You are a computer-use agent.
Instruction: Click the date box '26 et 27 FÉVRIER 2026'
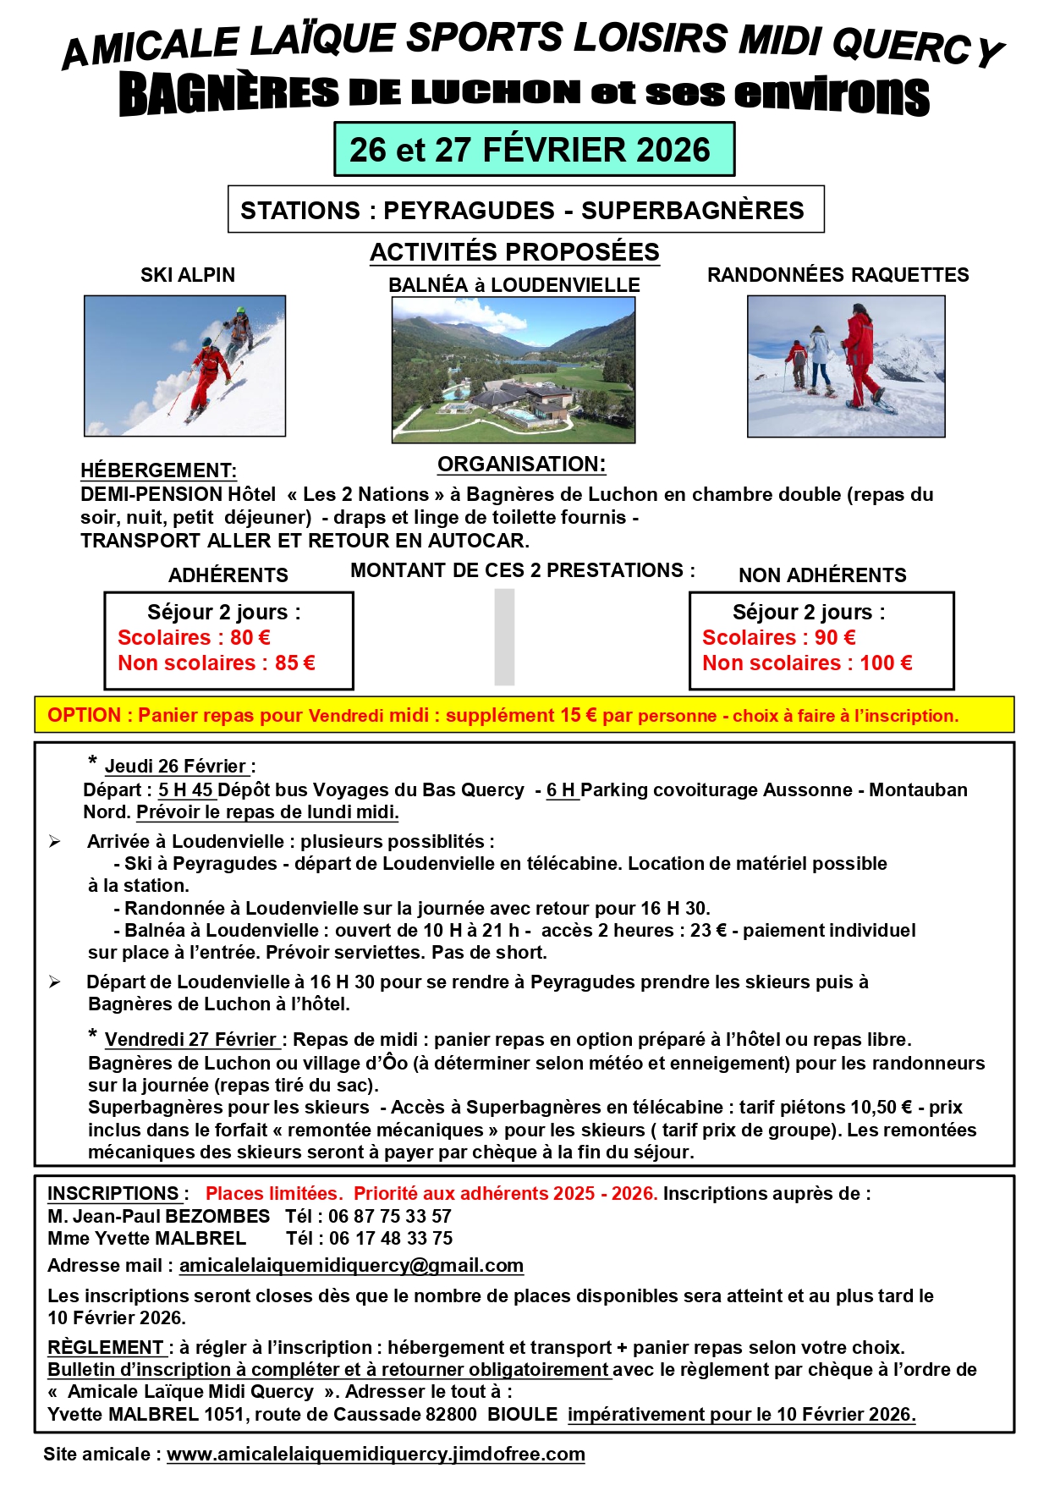coord(534,150)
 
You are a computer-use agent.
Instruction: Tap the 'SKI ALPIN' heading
coord(188,275)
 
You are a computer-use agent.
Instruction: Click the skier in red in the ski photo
coord(206,372)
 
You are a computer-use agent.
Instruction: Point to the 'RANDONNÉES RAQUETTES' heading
coord(838,275)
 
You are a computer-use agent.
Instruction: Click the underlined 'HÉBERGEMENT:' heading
coord(158,470)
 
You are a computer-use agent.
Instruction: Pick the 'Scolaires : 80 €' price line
coord(194,637)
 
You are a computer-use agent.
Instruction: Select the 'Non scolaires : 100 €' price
coord(807,663)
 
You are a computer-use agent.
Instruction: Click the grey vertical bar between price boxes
coord(504,636)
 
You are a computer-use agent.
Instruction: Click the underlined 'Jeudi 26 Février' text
coord(176,766)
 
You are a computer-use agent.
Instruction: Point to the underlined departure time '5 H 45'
coord(186,789)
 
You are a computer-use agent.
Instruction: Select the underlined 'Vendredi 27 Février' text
coord(192,1039)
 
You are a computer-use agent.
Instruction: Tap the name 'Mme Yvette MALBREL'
coord(146,1238)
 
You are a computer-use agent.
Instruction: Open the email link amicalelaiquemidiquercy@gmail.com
coord(351,1265)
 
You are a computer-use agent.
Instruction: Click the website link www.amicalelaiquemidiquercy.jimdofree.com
coord(376,1454)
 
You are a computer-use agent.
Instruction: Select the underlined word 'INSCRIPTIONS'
coord(113,1193)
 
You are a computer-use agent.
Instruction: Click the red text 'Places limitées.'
coord(274,1193)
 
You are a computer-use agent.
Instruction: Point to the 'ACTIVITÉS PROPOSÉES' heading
coord(514,252)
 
